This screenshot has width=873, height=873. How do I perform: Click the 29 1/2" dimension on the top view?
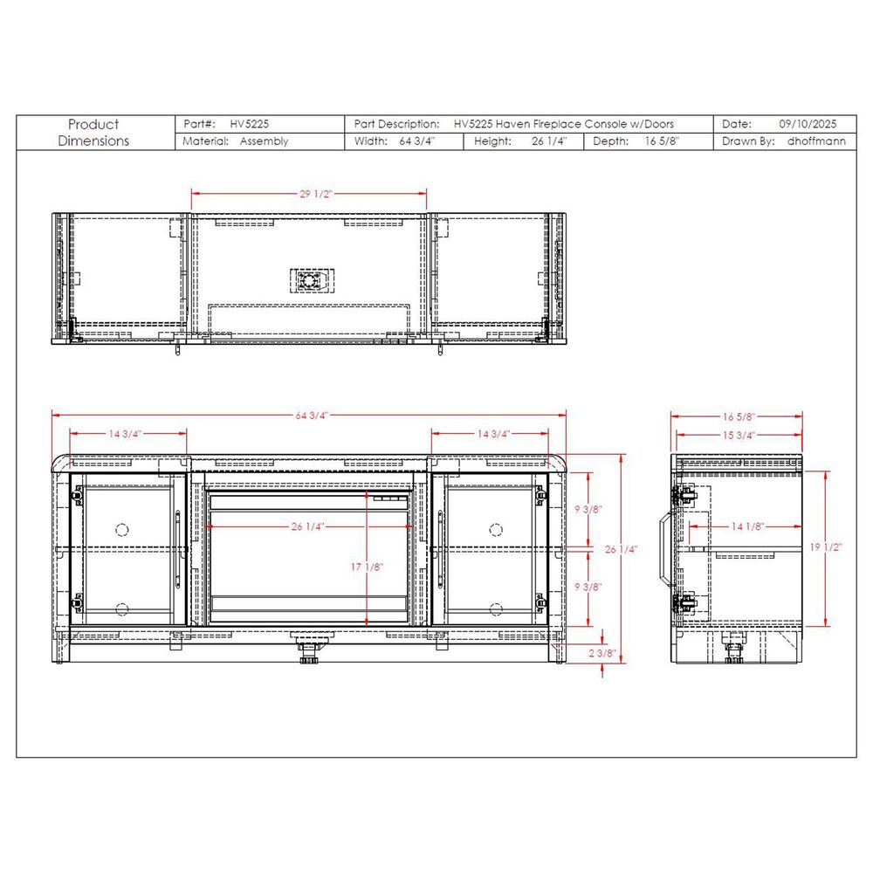pos(316,194)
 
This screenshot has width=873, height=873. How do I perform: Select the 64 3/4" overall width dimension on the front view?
pos(312,416)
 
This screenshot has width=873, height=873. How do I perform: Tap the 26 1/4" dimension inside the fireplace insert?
pos(307,526)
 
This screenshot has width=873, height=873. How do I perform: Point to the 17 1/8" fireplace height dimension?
pos(367,567)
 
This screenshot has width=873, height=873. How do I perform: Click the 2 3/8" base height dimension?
pos(601,653)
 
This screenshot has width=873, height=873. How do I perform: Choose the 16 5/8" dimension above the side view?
pos(739,416)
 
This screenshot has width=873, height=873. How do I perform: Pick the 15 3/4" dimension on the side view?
pos(739,435)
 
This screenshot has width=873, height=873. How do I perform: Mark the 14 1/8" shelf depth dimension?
pos(748,526)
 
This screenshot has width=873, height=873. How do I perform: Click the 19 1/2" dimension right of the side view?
pos(826,547)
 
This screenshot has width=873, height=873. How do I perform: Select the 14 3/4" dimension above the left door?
pos(125,434)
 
